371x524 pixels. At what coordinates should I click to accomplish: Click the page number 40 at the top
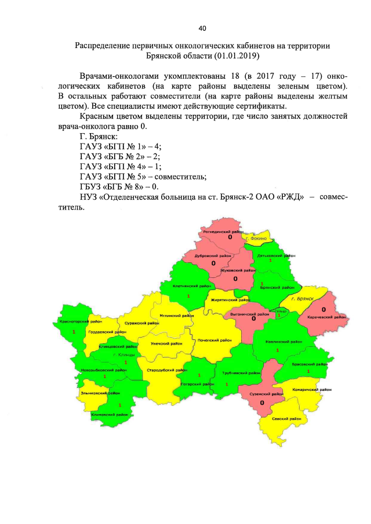point(202,28)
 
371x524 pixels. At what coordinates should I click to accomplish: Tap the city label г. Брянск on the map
point(303,299)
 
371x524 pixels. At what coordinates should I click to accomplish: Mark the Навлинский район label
point(281,342)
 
